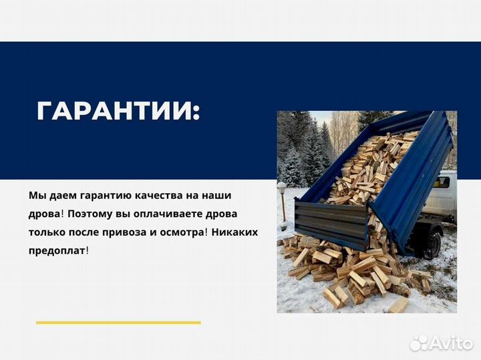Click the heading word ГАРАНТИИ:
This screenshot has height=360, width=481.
[x=118, y=111]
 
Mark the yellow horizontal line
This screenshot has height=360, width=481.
[x=118, y=323]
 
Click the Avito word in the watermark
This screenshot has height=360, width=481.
[x=451, y=343]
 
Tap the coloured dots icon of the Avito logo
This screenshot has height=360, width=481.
[x=419, y=343]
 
